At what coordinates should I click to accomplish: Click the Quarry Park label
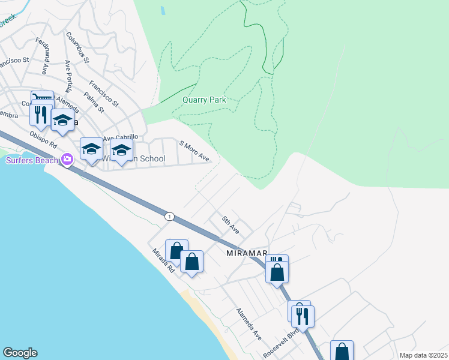(205, 100)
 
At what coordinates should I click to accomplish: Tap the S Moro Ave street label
(194, 151)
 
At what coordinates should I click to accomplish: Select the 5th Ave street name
(231, 226)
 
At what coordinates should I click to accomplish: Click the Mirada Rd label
(162, 262)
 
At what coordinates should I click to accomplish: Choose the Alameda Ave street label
(249, 324)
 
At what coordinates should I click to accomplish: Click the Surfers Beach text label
(32, 160)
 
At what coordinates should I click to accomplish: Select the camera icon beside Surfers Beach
(67, 160)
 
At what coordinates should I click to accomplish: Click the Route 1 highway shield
(170, 216)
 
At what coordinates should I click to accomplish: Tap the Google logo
(20, 353)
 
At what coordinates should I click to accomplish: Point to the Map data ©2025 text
(423, 355)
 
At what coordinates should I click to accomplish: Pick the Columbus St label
(78, 48)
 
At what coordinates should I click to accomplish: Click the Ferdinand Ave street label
(42, 56)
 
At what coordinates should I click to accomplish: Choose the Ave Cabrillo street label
(121, 137)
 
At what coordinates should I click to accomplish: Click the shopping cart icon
(43, 97)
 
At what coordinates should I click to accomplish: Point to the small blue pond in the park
(162, 10)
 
